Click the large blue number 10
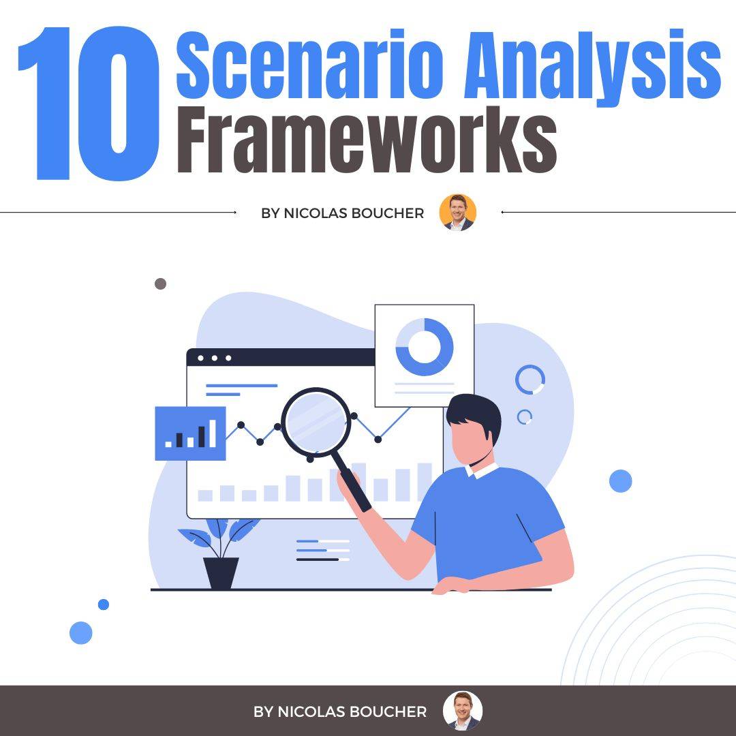point(89,106)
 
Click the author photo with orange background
point(457,213)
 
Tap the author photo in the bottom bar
point(462,711)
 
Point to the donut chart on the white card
point(424,346)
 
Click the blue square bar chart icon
point(190,433)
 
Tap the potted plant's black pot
point(221,572)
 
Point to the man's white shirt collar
point(481,470)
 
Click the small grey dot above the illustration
point(161,283)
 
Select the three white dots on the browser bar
point(214,358)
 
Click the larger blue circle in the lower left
point(80,632)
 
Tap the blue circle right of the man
point(620,481)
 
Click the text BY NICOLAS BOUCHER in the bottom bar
point(340,711)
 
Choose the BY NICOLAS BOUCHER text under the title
point(342,213)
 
